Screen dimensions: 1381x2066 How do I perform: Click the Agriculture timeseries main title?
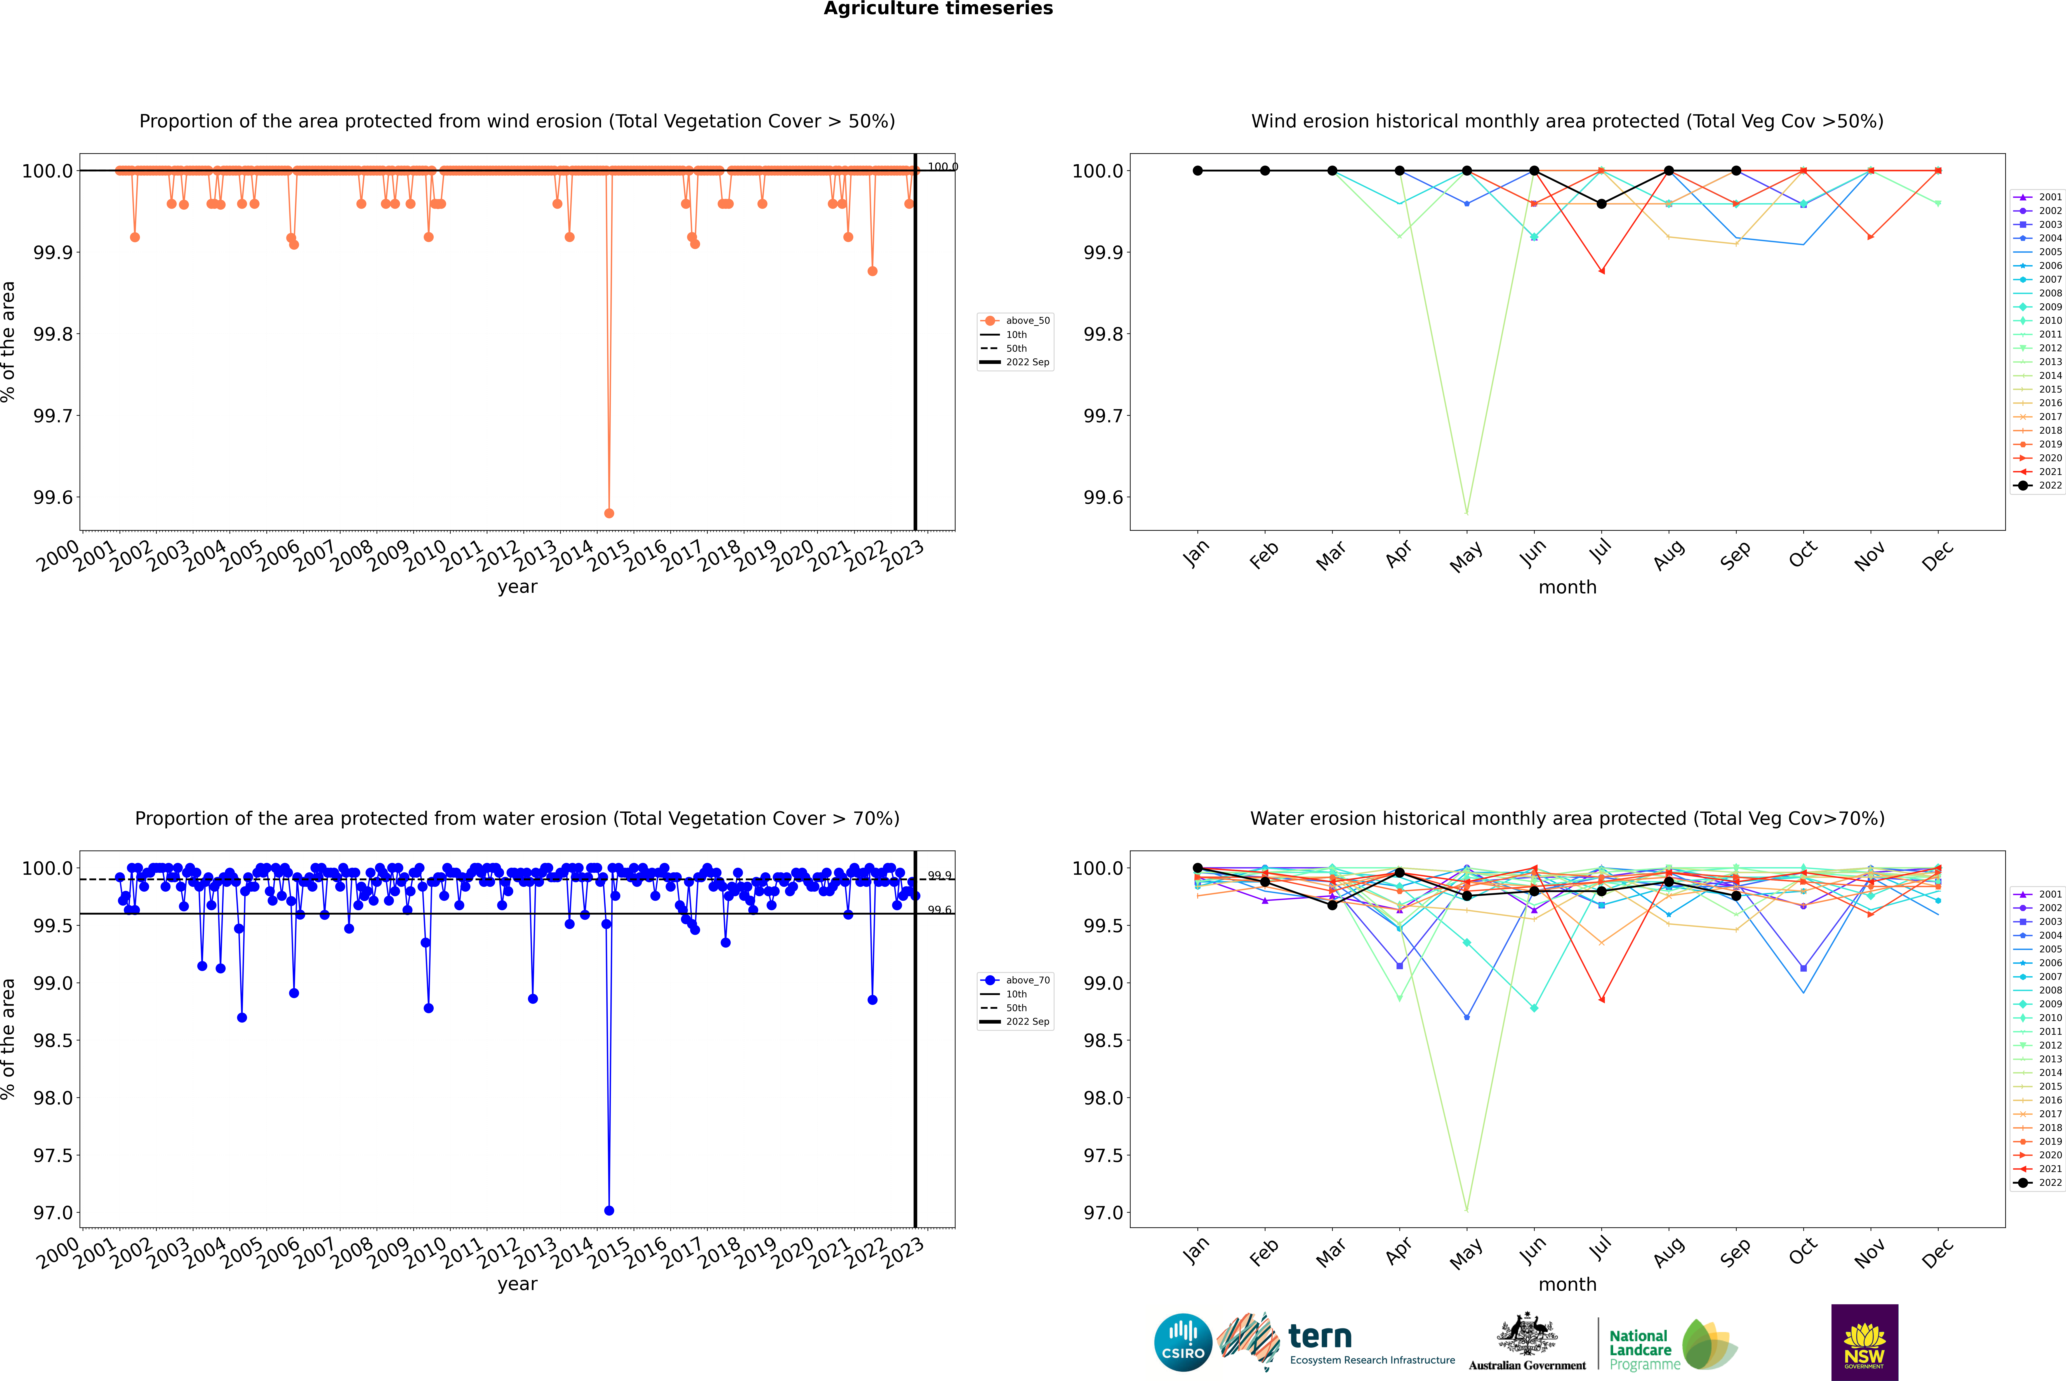938,9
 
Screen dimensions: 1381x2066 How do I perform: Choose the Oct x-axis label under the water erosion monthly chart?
1803,1252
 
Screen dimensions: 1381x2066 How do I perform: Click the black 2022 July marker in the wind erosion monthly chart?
1601,203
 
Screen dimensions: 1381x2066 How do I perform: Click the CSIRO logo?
1183,1342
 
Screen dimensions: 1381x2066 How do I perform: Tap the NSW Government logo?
1864,1342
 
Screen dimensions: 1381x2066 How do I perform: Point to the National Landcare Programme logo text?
1640,1349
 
